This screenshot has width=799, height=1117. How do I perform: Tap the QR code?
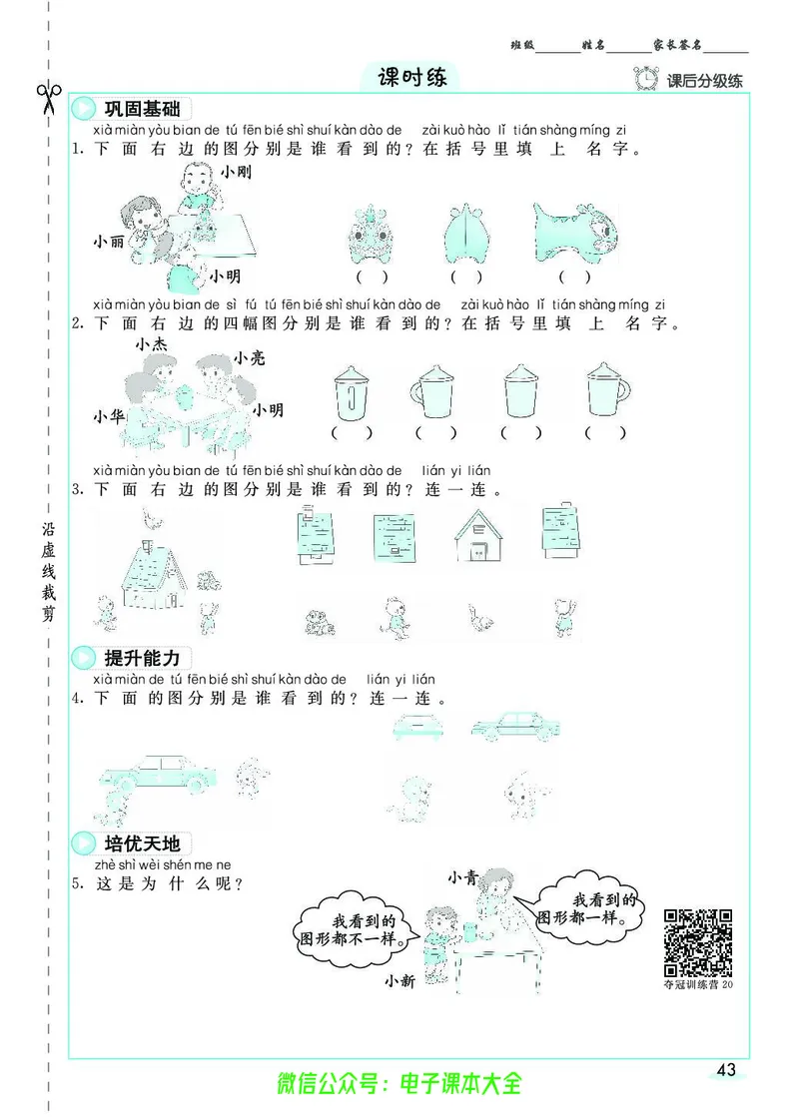[x=698, y=942]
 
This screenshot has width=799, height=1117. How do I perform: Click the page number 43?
[x=726, y=1070]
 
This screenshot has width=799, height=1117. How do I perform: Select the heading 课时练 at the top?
[x=412, y=78]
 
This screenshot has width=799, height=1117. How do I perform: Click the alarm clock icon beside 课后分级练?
[x=647, y=79]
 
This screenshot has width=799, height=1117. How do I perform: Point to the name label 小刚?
[x=237, y=172]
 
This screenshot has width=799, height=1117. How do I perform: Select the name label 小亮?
[x=249, y=357]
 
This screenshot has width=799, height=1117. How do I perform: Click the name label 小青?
[x=462, y=877]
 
